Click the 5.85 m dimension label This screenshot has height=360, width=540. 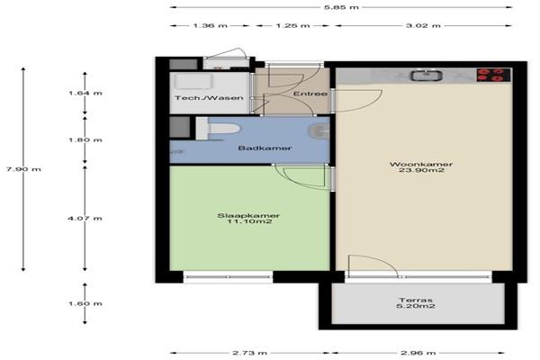(341, 7)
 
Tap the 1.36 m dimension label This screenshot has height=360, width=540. (210, 25)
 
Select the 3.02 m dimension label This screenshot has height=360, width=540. (423, 25)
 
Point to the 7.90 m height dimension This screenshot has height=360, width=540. (23, 169)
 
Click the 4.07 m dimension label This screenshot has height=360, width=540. (85, 219)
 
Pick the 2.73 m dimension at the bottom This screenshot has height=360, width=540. (249, 353)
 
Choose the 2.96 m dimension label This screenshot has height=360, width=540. (418, 353)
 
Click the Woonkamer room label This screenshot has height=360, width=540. (421, 164)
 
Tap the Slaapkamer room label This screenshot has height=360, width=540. (248, 216)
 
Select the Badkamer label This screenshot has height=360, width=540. (265, 148)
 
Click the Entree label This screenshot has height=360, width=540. (310, 94)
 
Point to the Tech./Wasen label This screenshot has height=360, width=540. (209, 98)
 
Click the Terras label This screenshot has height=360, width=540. (416, 300)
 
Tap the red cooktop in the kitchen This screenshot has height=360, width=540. (493, 75)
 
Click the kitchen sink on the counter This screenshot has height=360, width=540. (426, 76)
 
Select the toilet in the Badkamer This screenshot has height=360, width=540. (218, 129)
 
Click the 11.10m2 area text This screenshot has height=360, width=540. (249, 221)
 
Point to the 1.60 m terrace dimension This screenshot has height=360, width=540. (85, 304)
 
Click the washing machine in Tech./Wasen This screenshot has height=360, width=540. (193, 82)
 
